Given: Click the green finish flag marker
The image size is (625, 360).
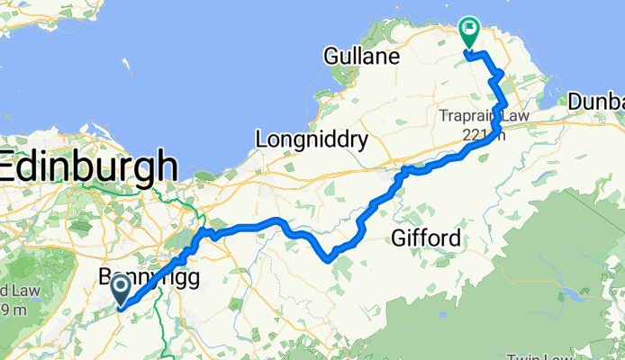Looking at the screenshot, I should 469,31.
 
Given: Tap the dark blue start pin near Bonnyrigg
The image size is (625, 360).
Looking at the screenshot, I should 121,289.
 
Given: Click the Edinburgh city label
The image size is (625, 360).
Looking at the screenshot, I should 89,167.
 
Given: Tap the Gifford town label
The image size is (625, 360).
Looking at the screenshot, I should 427,238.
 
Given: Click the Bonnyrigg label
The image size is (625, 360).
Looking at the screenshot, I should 149,277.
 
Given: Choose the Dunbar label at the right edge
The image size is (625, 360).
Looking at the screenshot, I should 596,102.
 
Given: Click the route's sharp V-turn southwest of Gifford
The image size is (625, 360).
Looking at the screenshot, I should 330,260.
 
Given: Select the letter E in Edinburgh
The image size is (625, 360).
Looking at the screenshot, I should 12,168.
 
